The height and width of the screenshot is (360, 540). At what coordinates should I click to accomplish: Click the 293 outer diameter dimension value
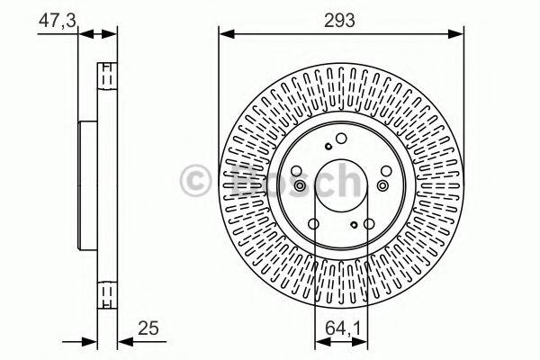341,16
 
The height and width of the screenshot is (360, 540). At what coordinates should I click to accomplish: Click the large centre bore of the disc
341,184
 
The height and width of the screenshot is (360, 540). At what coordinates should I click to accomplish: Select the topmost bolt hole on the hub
341,137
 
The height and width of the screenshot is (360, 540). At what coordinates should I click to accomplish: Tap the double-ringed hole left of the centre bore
296,185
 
